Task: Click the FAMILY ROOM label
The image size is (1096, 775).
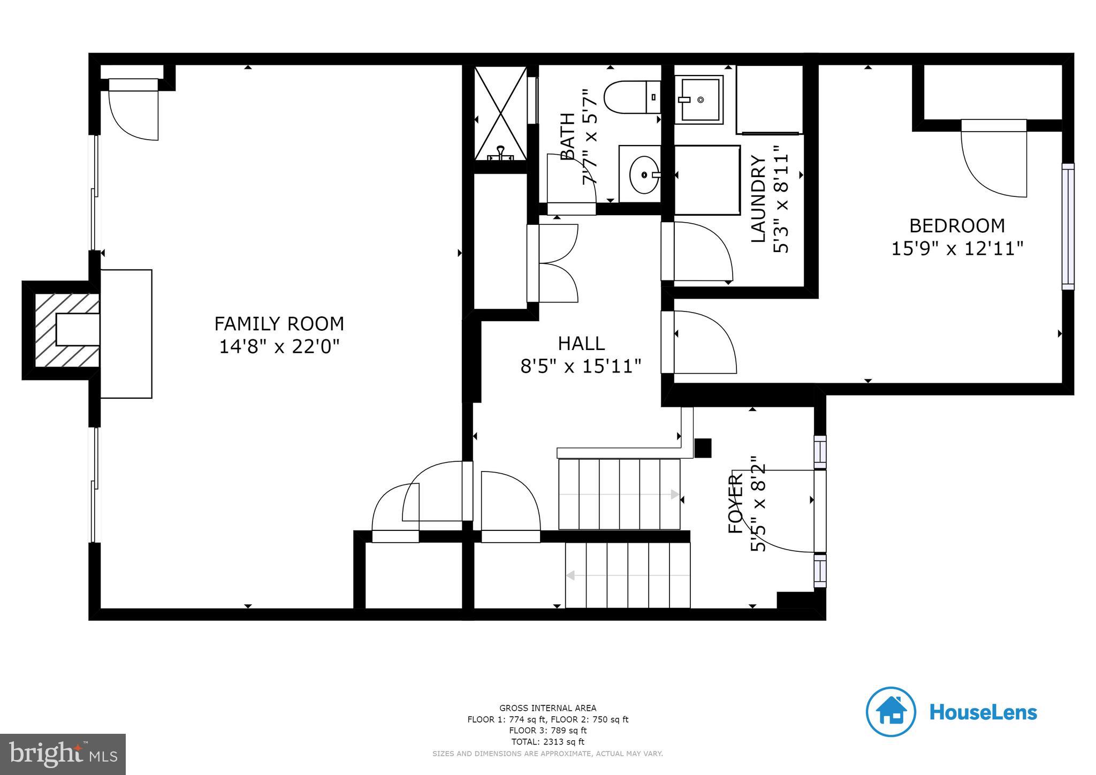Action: click(279, 324)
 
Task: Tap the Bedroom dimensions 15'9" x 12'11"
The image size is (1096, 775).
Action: click(957, 249)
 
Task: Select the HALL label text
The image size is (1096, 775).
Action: click(581, 343)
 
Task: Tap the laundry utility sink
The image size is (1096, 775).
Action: click(698, 100)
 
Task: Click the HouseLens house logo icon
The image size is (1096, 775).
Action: click(890, 711)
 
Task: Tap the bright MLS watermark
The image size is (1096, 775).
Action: click(63, 754)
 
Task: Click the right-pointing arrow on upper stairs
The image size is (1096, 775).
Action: click(675, 495)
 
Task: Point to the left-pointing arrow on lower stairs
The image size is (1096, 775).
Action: click(570, 575)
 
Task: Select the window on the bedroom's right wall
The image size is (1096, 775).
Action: click(1068, 226)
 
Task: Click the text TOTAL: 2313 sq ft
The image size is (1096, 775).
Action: click(547, 742)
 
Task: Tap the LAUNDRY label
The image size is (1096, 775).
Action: click(758, 199)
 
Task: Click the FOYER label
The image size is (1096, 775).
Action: click(736, 503)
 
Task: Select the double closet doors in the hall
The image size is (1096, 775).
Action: click(554, 263)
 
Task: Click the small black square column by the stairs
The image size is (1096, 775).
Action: click(703, 448)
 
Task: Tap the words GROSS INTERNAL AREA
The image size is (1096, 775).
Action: click(547, 708)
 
